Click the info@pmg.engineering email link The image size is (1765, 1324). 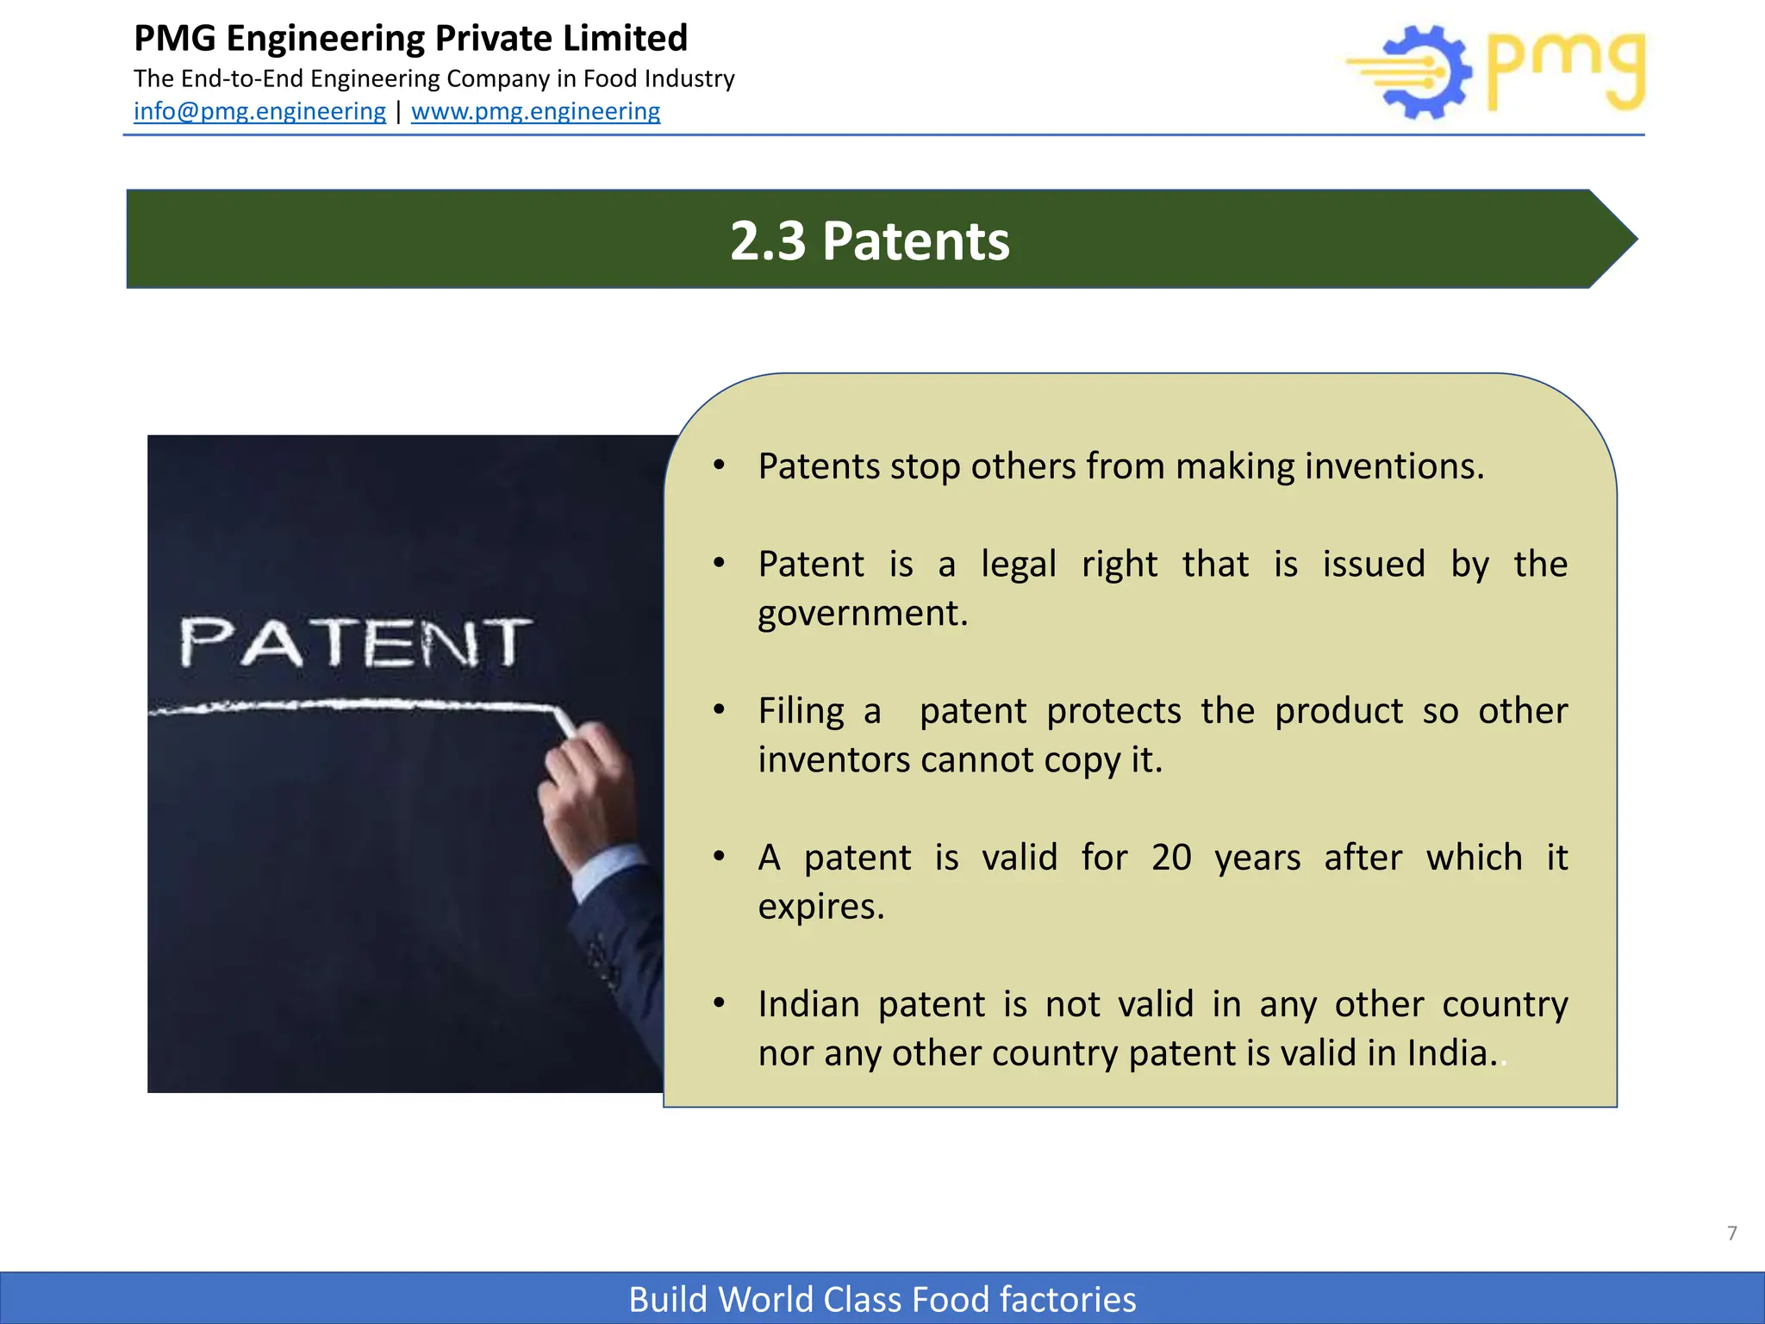click(259, 111)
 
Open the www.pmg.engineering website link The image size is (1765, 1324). click(535, 111)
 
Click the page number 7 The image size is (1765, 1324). click(1731, 1233)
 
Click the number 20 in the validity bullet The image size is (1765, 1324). click(1171, 858)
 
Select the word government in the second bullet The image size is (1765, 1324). click(862, 614)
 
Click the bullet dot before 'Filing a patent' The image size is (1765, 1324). click(719, 710)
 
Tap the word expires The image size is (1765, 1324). click(820, 907)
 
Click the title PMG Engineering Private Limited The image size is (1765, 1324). click(410, 39)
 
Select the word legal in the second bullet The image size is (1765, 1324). click(1018, 565)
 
